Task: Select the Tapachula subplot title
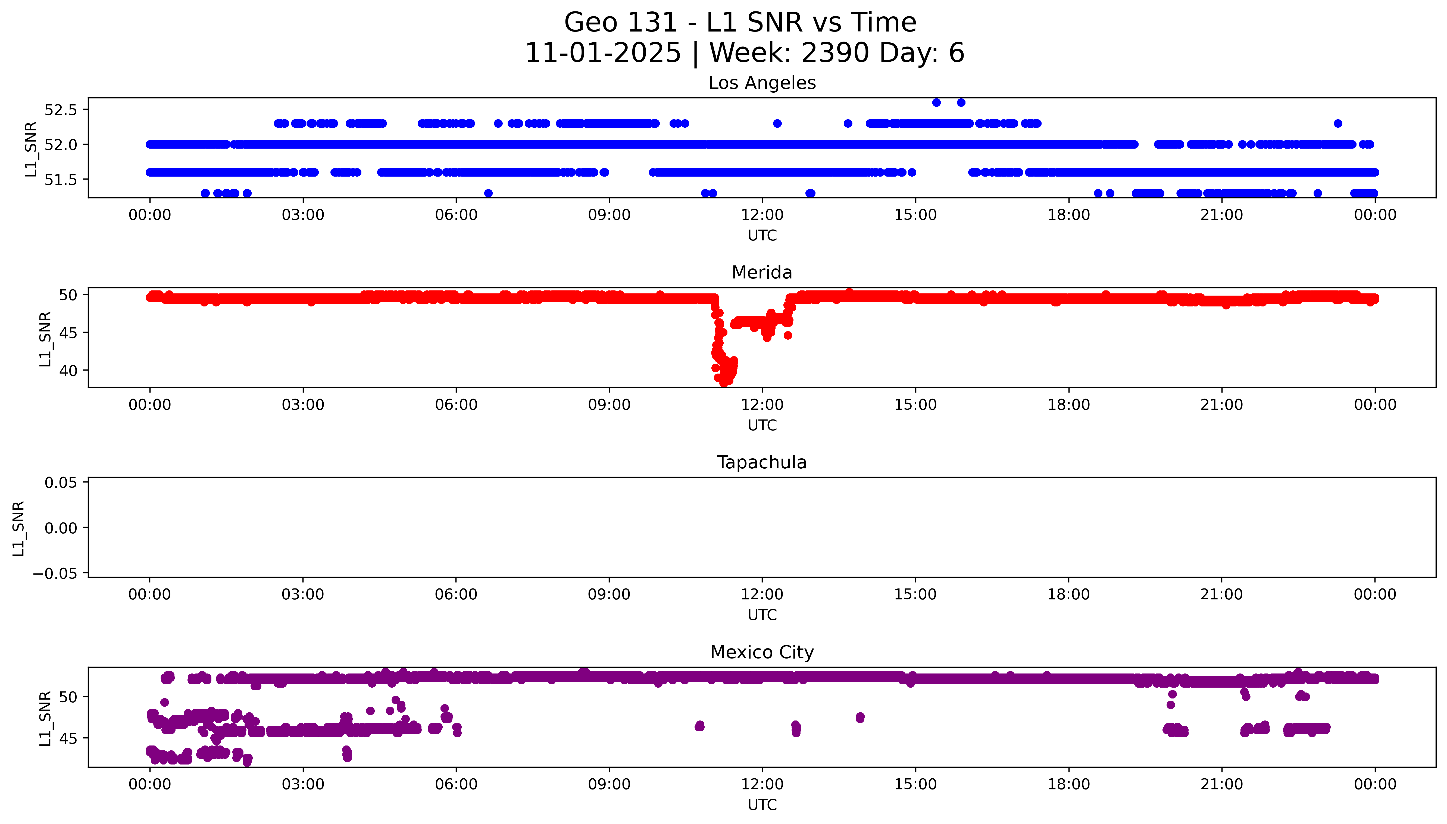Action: (762, 462)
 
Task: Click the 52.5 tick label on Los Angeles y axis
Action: (61, 110)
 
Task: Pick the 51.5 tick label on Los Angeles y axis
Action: (61, 179)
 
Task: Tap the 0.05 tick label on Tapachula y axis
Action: (61, 483)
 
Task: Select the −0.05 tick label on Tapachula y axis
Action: (55, 574)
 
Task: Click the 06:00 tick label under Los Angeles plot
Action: (456, 215)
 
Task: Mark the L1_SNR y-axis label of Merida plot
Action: (45, 339)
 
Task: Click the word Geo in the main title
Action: (591, 23)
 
